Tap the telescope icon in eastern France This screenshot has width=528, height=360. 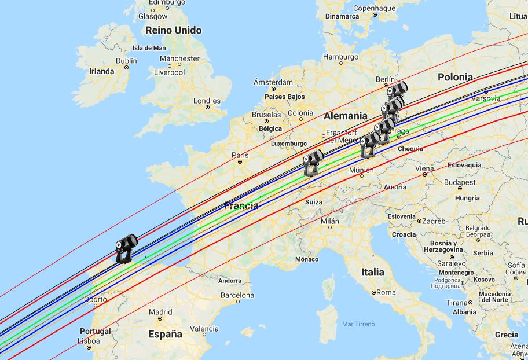[313, 163]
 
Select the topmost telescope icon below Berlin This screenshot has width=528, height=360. [397, 91]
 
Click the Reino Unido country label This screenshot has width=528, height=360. [173, 30]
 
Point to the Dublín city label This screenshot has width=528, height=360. [126, 60]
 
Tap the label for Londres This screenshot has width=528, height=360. [207, 101]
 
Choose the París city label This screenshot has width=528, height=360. [240, 155]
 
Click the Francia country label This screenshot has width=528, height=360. [241, 205]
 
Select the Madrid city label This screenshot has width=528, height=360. [160, 311]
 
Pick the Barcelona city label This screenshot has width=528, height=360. [237, 295]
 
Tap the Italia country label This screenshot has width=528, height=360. [372, 271]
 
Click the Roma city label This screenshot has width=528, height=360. [387, 292]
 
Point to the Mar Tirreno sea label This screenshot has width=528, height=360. [358, 324]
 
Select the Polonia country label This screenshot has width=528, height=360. [455, 77]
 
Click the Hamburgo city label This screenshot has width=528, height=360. [340, 57]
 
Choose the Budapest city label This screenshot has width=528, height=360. [460, 182]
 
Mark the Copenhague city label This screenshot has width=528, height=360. [374, 8]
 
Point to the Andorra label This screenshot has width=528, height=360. [230, 281]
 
